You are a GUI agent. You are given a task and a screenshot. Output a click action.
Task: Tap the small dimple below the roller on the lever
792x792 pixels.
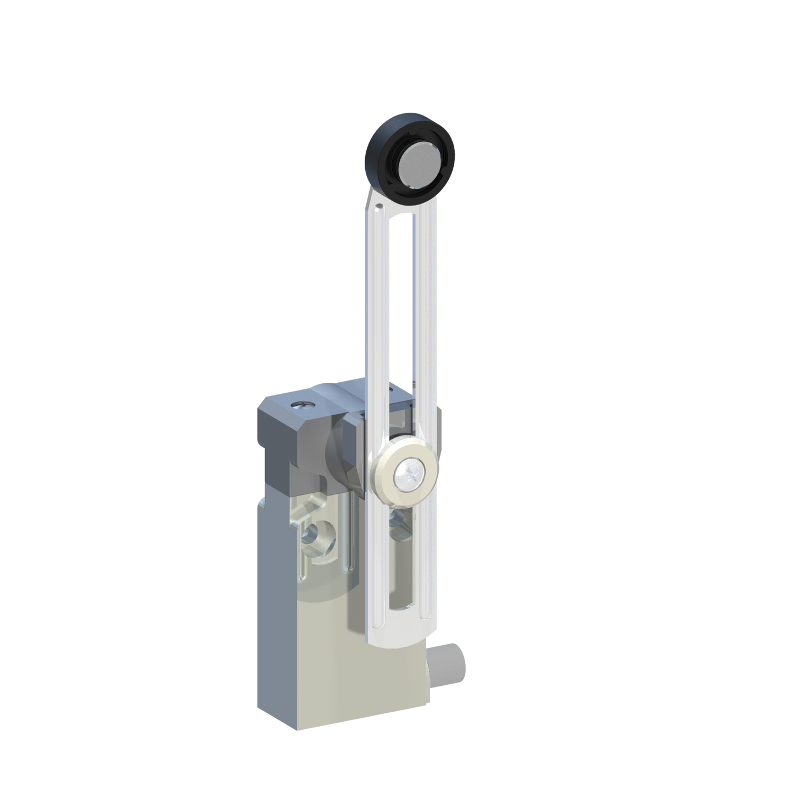pyautogui.click(x=380, y=207)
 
